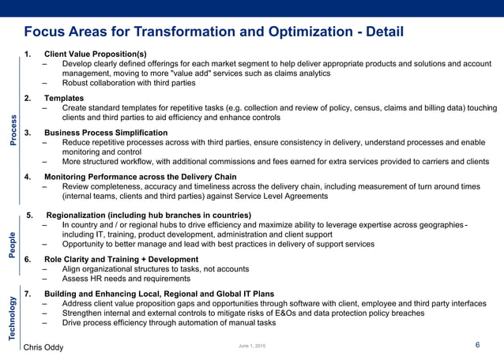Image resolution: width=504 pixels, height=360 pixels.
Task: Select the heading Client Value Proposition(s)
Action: (96, 54)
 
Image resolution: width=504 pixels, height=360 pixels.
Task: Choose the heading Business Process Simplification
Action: (106, 132)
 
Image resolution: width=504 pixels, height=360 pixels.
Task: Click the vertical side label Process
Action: (13, 130)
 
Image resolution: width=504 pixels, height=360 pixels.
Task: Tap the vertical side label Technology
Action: (13, 318)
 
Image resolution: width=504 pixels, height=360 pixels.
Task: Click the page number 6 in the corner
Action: (478, 345)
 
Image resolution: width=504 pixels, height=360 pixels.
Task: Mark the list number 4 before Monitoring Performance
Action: (28, 177)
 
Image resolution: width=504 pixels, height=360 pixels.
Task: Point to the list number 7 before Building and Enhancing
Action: (28, 293)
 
